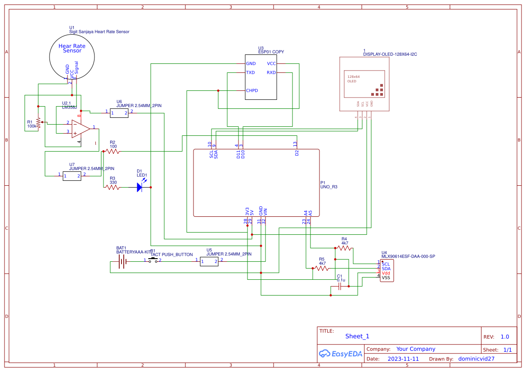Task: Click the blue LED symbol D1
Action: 140,188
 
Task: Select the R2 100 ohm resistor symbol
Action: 112,152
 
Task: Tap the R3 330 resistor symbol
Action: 112,188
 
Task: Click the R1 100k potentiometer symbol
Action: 38,122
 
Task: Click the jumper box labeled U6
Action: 119,112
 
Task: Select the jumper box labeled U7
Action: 72,176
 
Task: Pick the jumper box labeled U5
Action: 209,261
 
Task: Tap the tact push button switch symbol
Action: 153,260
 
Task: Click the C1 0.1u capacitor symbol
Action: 340,286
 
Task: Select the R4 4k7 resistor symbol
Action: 344,247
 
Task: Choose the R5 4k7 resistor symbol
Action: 321,268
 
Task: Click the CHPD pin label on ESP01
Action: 252,90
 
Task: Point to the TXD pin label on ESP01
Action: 251,72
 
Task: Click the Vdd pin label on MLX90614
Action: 386,273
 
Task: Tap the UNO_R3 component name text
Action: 329,187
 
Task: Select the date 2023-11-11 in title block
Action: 403,359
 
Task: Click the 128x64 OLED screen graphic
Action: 364,84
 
